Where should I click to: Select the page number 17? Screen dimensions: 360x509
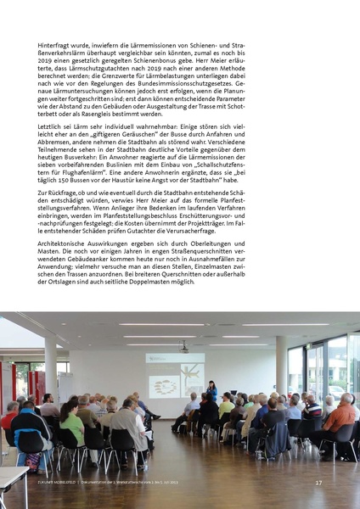pyautogui.click(x=318, y=483)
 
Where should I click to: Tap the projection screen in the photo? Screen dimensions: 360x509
pyautogui.click(x=176, y=374)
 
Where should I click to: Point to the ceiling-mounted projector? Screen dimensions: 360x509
pyautogui.click(x=183, y=347)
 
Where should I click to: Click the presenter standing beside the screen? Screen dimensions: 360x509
pyautogui.click(x=212, y=393)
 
